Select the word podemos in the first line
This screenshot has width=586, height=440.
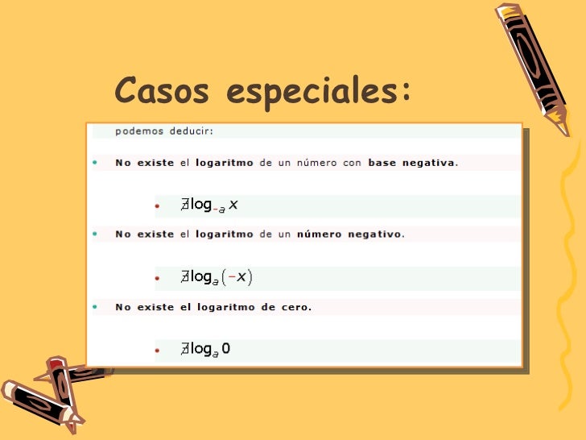tap(138, 130)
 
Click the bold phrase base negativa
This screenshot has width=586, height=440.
tap(411, 162)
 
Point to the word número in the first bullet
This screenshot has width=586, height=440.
tap(320, 162)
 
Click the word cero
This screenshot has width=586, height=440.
tap(293, 306)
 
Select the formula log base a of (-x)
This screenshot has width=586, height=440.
tap(217, 278)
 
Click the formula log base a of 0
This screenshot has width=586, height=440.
tap(206, 350)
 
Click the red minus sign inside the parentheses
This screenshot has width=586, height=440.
tap(233, 278)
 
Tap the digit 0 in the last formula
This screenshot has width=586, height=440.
tap(226, 349)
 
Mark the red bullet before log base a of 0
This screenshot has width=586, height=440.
tap(158, 351)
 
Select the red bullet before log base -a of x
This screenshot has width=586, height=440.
tap(158, 206)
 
